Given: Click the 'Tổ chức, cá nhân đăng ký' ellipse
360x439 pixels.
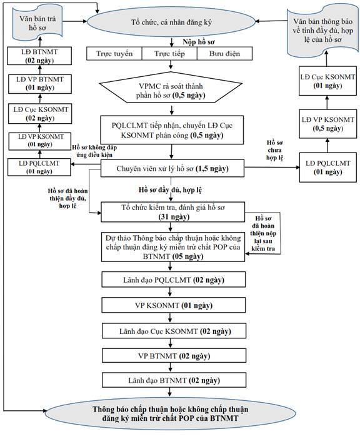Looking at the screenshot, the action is click(x=171, y=22).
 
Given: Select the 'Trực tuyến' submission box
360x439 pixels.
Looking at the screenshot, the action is click(x=114, y=54).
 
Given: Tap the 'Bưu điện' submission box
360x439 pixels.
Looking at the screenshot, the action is click(x=225, y=54).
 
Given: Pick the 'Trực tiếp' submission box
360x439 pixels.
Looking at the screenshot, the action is click(x=169, y=54).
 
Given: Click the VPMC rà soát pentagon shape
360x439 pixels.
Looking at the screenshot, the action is click(x=171, y=88).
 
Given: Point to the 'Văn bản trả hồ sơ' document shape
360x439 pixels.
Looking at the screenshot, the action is click(x=37, y=23).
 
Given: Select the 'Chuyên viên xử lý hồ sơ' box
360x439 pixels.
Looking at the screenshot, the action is click(x=172, y=169).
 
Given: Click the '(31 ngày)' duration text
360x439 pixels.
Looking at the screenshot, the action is click(x=174, y=217).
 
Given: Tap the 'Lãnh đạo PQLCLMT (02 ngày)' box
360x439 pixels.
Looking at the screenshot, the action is click(x=173, y=280).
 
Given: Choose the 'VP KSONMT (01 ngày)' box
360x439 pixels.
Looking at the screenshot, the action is click(x=173, y=305).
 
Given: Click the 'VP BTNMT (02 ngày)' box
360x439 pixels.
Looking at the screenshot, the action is click(x=174, y=356).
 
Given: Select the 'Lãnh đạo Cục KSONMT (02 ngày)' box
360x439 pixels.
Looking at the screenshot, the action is click(x=174, y=331).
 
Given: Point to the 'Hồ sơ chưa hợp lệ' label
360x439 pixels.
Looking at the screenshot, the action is click(x=274, y=150).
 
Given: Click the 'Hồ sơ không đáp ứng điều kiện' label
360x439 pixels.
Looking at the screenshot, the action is click(x=94, y=151).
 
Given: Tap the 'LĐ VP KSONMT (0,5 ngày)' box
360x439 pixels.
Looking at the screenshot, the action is click(x=328, y=124).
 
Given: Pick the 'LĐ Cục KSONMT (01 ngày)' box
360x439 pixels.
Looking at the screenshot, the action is click(x=328, y=81).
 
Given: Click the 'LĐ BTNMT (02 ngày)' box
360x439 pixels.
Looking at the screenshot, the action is click(x=39, y=56).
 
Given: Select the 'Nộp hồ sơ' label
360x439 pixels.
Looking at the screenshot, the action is click(x=199, y=42).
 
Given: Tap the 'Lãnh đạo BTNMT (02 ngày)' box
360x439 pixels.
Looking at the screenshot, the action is click(x=174, y=380).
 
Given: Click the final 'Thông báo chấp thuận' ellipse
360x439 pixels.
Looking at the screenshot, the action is click(x=171, y=413).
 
